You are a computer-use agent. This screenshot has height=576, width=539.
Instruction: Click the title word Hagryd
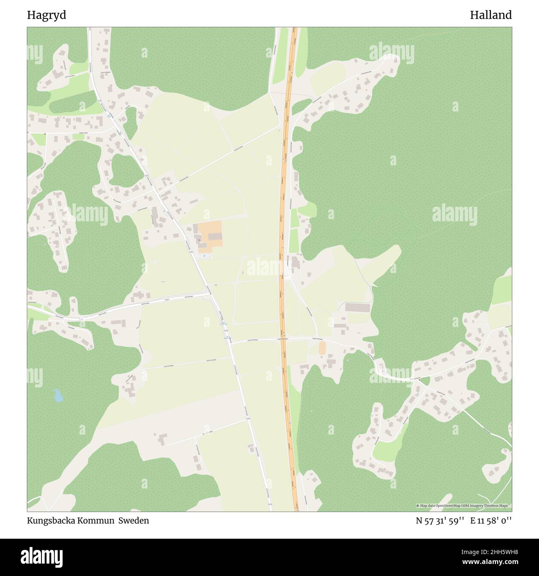point(46,15)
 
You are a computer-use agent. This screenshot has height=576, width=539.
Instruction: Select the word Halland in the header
point(490,15)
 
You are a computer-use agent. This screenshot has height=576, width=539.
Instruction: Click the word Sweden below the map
point(134,520)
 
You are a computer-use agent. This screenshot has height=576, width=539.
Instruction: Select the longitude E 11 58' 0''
point(491,521)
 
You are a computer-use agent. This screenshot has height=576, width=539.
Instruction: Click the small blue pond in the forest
point(58,396)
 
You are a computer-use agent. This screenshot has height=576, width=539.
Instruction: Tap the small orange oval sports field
point(322,348)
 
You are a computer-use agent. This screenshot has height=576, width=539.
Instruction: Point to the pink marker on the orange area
point(200,239)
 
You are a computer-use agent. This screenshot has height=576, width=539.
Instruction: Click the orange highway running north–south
point(284,249)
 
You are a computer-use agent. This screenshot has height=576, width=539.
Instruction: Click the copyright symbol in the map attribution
point(418,506)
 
